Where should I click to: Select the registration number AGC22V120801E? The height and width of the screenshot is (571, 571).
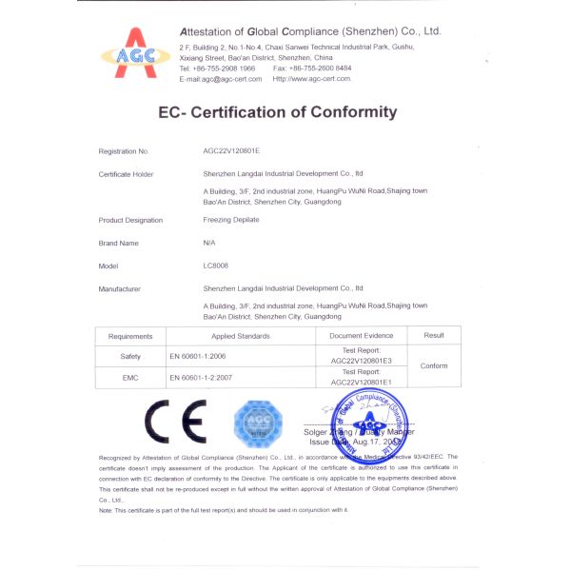231,151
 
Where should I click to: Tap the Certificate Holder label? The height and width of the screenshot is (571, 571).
126,174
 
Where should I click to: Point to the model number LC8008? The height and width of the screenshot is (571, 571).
216,266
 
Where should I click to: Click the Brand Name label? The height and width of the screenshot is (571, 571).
118,243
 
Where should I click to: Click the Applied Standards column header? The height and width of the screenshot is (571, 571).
240,336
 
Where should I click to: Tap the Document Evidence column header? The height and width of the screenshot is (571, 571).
361,336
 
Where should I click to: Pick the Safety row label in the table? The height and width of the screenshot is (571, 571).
130,356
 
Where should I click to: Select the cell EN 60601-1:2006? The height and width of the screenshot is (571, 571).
197,356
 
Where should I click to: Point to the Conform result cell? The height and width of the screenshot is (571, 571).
433,366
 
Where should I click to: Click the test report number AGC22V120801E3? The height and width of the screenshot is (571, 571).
361,361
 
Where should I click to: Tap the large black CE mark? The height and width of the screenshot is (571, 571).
175,420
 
